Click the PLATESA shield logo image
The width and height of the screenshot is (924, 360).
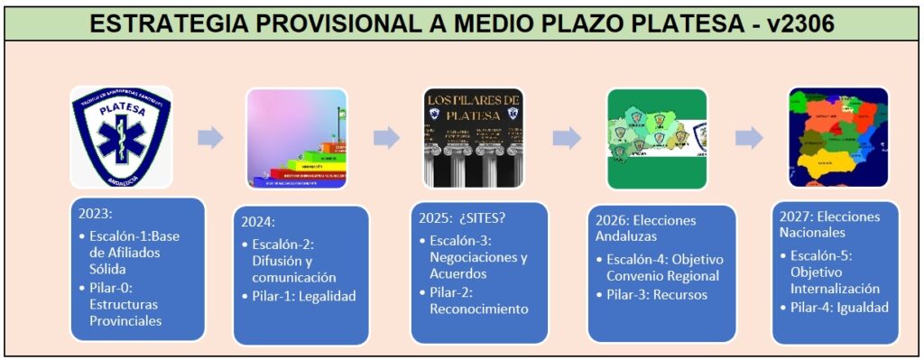point(121,136)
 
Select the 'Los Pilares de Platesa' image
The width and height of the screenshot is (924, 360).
point(475,137)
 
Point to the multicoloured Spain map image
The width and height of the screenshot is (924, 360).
point(838,137)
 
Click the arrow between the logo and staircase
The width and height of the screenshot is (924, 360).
point(210,137)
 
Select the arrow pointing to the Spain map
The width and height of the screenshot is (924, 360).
point(749,137)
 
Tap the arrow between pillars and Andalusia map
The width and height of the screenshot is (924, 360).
point(567,137)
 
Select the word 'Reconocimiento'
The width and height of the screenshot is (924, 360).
point(478,309)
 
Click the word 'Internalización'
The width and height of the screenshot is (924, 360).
point(835,289)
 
